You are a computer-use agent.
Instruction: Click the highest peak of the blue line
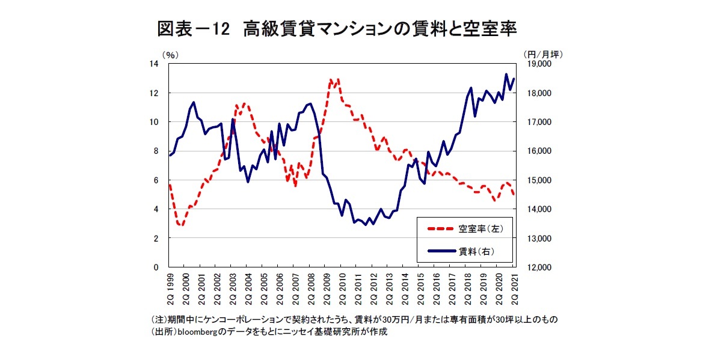pyautogui.click(x=506, y=75)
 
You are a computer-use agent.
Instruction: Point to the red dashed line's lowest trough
pyautogui.click(x=180, y=225)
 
